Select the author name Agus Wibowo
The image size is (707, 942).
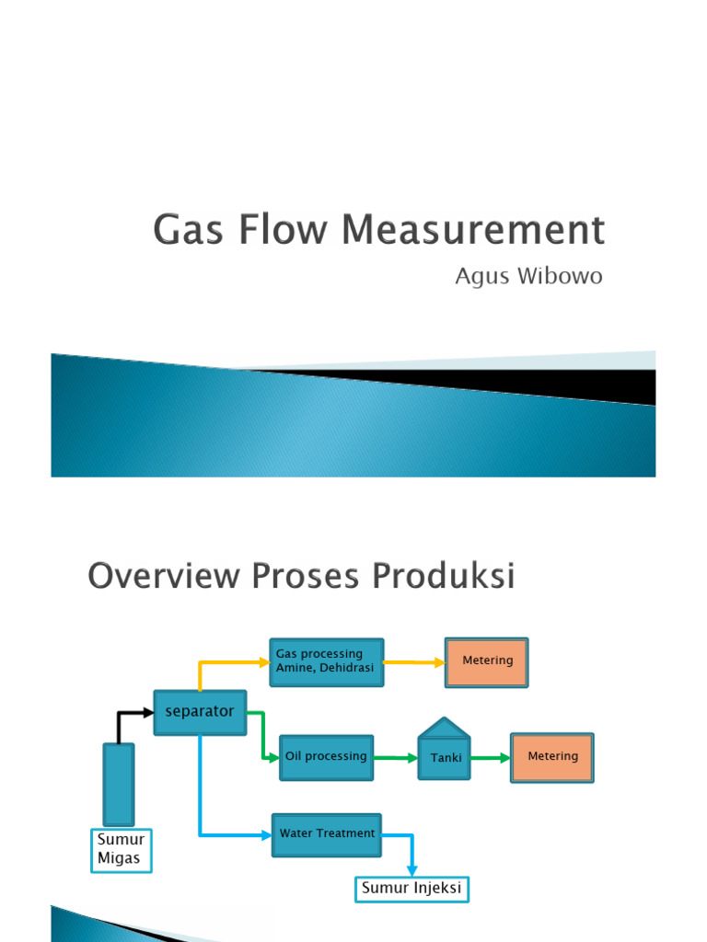point(528,277)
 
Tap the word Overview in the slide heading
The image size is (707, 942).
point(160,577)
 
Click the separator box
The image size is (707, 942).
point(200,712)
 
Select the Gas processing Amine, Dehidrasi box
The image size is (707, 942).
point(326,662)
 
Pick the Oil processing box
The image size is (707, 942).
point(326,757)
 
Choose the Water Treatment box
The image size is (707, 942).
point(326,834)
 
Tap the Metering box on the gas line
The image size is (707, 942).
point(487,662)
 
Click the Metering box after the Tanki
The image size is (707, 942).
point(552,757)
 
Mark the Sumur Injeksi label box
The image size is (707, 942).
point(411,889)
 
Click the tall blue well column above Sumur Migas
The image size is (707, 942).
point(119,784)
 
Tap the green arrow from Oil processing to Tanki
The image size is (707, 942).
point(396,758)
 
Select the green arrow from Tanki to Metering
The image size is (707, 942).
point(492,758)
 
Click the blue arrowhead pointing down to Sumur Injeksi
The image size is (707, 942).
point(412,870)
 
